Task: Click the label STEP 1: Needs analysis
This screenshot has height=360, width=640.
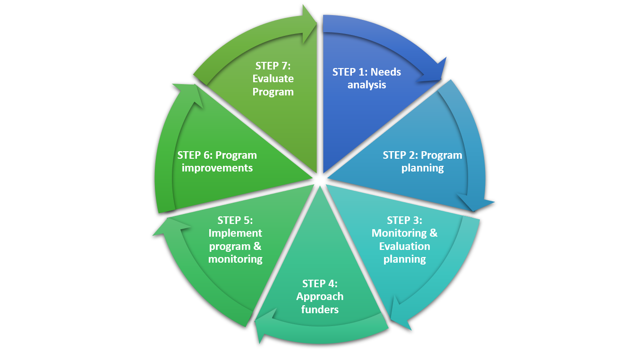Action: [367, 78]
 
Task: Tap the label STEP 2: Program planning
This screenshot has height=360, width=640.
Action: [422, 162]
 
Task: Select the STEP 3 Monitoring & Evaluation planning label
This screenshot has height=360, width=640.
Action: [405, 240]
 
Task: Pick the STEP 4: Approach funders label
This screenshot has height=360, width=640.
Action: [320, 296]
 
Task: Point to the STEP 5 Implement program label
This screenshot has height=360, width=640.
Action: [235, 240]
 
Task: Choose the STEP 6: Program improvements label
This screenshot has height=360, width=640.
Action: [217, 162]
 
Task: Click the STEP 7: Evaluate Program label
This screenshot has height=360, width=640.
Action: [273, 78]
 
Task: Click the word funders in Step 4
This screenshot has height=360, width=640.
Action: [320, 309]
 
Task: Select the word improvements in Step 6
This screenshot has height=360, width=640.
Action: [217, 168]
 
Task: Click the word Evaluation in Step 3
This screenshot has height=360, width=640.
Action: [405, 246]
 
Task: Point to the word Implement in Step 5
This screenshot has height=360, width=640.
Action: [235, 233]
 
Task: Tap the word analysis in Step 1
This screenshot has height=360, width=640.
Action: [367, 85]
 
